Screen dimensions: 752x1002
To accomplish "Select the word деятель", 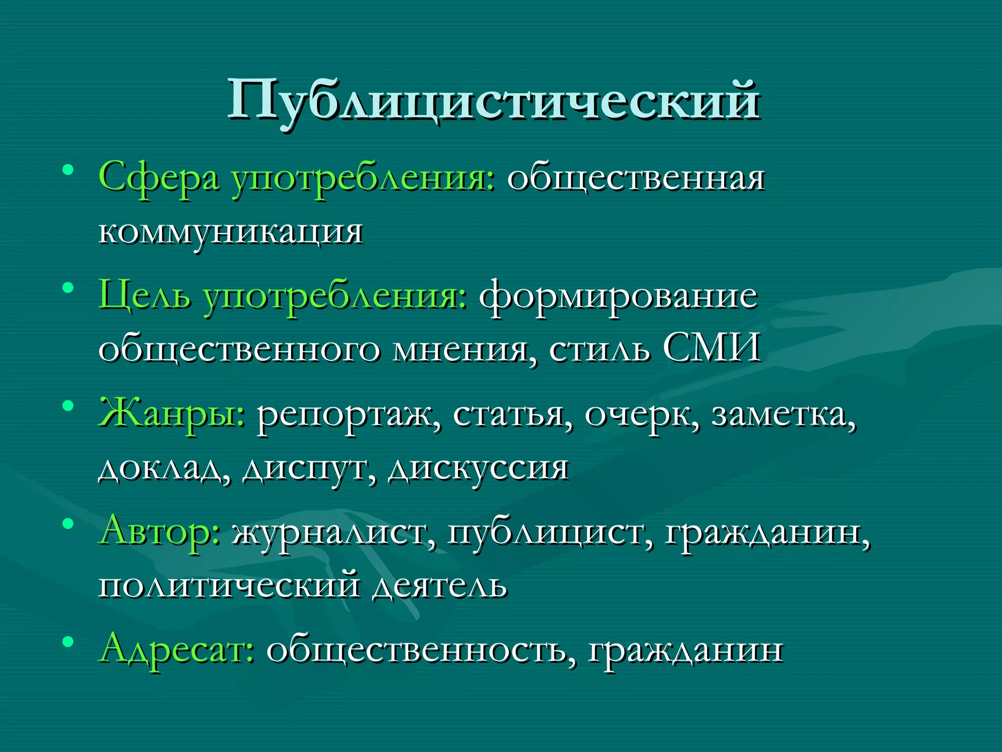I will [x=439, y=586].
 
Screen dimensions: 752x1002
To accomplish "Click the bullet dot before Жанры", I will [x=68, y=406].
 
